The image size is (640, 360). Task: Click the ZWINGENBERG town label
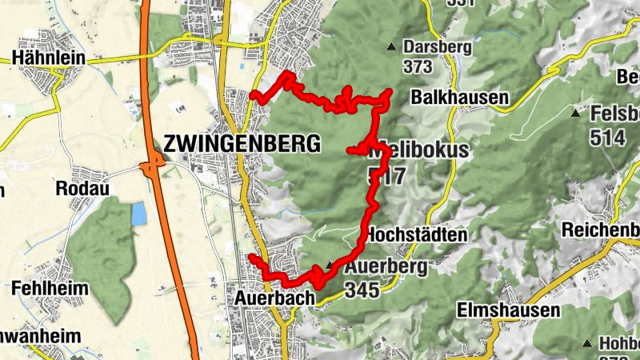click(242, 144)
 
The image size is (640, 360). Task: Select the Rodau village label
click(82, 188)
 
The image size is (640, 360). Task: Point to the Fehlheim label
click(44, 286)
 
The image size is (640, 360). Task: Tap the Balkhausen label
click(459, 98)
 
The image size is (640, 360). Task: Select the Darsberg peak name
click(438, 46)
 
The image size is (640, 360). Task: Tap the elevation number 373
click(418, 67)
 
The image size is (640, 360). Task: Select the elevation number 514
click(607, 138)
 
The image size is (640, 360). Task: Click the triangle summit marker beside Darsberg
click(391, 46)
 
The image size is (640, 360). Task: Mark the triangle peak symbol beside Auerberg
click(329, 266)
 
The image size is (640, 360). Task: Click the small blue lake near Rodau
click(139, 213)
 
